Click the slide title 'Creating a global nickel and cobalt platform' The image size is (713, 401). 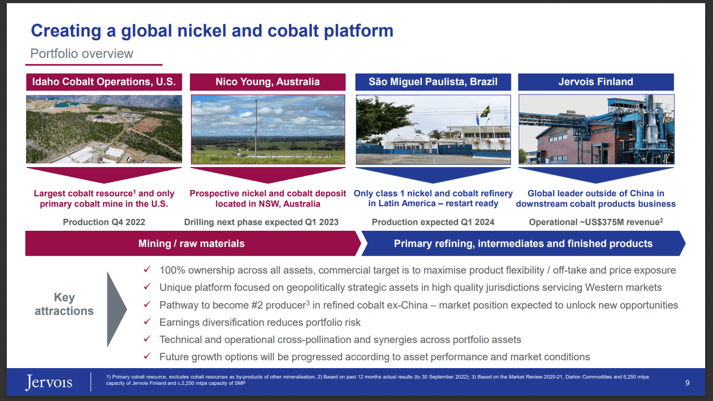[212, 31]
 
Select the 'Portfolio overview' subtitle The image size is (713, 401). [82, 54]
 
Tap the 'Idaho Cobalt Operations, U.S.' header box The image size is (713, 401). [104, 82]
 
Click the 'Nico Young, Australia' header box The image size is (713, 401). [267, 82]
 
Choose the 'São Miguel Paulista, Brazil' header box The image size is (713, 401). [433, 82]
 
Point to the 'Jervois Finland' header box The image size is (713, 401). [596, 82]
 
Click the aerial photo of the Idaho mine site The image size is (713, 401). [104, 129]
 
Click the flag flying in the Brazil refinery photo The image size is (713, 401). [485, 111]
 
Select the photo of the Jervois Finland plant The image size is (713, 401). [596, 129]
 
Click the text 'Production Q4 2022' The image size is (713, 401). [104, 222]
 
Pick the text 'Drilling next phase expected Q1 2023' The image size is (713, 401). [261, 222]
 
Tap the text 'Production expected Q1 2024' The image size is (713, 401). [433, 222]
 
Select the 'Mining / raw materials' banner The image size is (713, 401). [191, 244]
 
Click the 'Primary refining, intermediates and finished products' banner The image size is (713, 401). [523, 244]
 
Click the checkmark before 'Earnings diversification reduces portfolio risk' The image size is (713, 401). [148, 322]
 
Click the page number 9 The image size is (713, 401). [687, 383]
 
